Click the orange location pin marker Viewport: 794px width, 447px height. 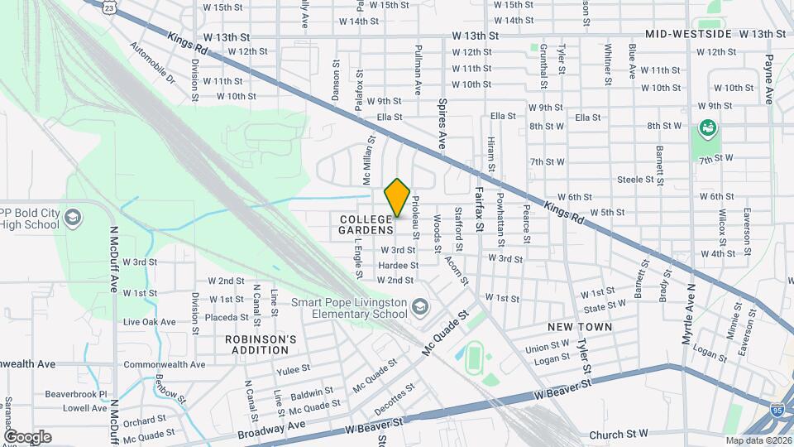(398, 198)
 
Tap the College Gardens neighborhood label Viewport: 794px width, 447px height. (365, 223)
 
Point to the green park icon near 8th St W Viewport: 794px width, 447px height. (707, 127)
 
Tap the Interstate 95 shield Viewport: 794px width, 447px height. (777, 409)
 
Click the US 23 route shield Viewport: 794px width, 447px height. (110, 6)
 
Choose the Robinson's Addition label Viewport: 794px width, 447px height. (261, 344)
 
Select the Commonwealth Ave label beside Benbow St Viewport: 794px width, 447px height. (164, 364)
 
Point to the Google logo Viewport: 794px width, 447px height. (27, 436)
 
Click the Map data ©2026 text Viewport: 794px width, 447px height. (758, 440)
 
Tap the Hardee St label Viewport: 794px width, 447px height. (395, 265)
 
